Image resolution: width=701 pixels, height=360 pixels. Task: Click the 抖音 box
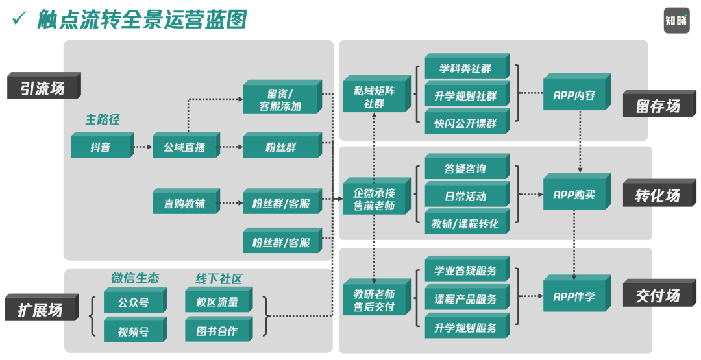point(101,147)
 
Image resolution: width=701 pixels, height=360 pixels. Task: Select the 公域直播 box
point(184,147)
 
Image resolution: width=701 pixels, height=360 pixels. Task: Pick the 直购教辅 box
point(184,204)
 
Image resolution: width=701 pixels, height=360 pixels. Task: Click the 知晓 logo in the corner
point(676,21)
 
